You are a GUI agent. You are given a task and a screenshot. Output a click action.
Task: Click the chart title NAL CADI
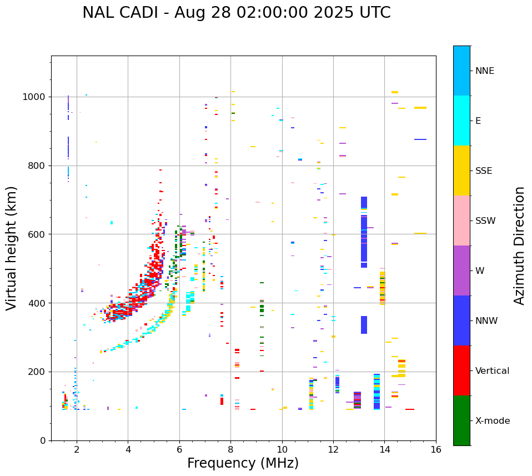point(236,13)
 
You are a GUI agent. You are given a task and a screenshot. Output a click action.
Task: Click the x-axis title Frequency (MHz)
point(243,463)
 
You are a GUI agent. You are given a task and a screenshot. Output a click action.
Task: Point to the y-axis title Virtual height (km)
point(12,248)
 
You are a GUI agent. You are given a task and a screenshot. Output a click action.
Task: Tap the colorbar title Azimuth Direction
point(519,245)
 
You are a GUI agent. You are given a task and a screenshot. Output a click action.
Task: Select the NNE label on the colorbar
point(484,71)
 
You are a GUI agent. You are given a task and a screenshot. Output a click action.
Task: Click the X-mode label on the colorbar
point(492,421)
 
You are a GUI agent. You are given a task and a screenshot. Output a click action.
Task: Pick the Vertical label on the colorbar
point(492,371)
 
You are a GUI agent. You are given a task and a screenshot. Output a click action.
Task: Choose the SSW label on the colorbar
point(485,221)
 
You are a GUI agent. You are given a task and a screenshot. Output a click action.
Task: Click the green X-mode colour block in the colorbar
point(461,420)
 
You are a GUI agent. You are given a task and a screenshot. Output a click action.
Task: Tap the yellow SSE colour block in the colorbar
point(461,171)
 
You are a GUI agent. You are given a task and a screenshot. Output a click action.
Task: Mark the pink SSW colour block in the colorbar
point(461,221)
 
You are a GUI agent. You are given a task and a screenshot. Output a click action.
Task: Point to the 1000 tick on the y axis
point(35,97)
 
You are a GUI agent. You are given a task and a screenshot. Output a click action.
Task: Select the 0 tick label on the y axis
point(44,440)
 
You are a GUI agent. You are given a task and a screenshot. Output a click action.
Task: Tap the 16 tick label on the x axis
point(436,449)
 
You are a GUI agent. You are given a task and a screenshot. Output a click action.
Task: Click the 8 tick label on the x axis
point(230,449)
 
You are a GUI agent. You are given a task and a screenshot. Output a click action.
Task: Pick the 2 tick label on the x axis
point(77,449)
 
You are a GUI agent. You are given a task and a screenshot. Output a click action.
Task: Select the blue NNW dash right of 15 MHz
point(420,139)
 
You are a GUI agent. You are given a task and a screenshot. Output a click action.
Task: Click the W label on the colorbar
point(479,271)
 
